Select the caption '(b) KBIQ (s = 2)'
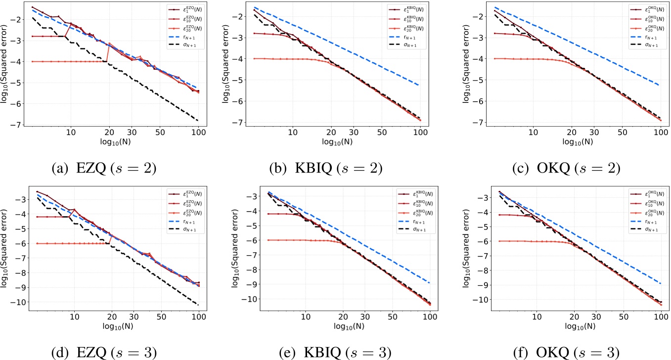point(326,168)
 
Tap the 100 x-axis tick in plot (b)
point(420,133)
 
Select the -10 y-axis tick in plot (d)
point(16,302)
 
